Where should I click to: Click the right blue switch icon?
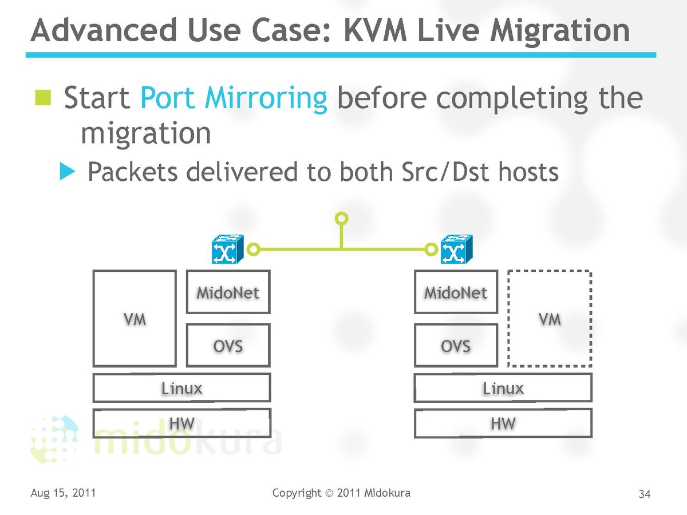coord(456,249)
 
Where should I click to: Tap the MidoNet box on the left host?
coord(228,292)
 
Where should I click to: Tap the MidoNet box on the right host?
coord(456,292)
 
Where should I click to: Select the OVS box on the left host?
coord(228,345)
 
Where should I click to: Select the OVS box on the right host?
coord(456,345)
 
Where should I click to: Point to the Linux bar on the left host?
coord(181,388)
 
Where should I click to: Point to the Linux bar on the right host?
coord(503,388)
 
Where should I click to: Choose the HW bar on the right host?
coord(503,423)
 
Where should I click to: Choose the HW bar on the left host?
coord(181,423)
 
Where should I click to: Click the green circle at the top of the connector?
coord(342,218)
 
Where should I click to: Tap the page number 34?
coord(645,494)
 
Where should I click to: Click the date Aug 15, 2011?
coord(63,493)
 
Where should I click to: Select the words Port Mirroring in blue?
coord(234,98)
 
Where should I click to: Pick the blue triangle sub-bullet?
coord(68,171)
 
